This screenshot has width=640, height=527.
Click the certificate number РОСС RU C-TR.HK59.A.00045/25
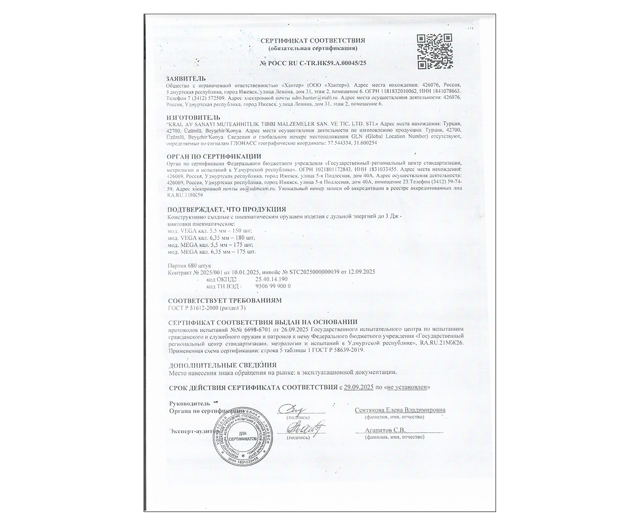tap(313, 63)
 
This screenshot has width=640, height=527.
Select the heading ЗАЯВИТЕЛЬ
tap(186, 79)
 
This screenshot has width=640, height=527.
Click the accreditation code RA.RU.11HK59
tap(185, 195)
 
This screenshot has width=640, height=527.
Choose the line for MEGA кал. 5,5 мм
tap(210, 245)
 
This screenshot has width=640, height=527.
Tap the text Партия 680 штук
tap(189, 266)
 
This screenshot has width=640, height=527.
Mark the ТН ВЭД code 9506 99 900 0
tap(273, 286)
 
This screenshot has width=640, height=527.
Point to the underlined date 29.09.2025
tap(358, 387)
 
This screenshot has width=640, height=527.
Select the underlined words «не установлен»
tap(406, 387)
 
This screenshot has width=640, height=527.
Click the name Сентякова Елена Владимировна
tap(400, 410)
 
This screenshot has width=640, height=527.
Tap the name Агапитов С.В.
tap(385, 430)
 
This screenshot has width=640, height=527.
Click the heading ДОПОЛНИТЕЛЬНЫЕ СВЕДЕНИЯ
tap(222, 365)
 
